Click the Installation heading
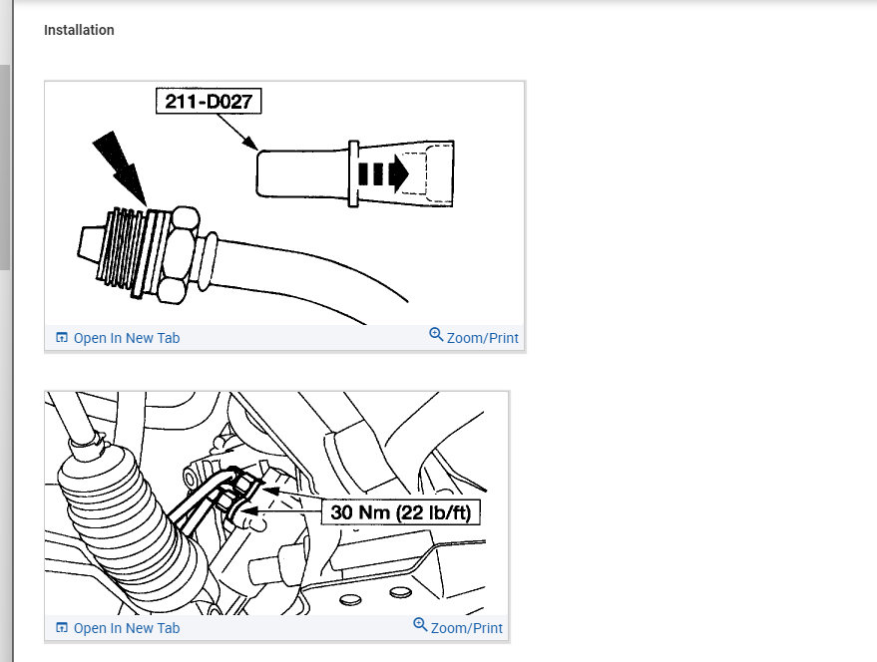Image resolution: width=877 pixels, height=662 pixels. pos(79,30)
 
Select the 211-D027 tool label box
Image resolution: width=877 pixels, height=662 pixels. pos(209,102)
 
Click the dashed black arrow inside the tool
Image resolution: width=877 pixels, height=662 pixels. pos(383,174)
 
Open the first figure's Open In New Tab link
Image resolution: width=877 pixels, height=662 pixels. pos(126,338)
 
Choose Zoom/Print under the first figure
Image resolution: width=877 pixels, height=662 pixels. pos(482,338)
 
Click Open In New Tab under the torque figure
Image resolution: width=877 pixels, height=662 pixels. pos(126,628)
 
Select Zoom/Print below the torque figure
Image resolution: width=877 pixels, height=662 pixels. pos(466,628)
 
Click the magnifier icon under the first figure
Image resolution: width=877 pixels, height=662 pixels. pos(436,335)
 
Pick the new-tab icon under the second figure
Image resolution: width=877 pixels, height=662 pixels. pos(62,628)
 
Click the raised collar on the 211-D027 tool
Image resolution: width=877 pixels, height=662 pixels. pos(352,173)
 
